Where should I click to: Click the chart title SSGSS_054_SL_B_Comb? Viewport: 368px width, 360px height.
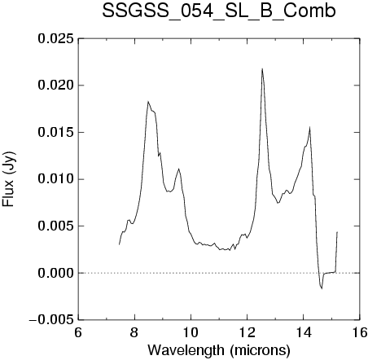click(219, 11)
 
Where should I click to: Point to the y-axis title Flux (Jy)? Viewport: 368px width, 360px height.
click(9, 179)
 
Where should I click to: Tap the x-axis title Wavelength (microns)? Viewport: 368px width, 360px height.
click(219, 349)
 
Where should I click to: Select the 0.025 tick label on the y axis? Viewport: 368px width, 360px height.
click(56, 39)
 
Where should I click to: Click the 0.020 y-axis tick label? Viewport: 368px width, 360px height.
click(56, 86)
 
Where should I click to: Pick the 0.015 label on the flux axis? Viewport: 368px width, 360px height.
click(56, 133)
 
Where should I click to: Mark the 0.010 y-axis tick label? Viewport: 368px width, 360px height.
click(56, 179)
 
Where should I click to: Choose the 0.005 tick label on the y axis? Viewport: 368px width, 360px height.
click(56, 226)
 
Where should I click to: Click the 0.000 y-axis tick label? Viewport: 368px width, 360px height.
click(56, 273)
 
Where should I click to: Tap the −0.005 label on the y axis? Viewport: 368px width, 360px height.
click(51, 320)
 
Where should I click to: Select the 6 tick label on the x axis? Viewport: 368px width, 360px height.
click(78, 332)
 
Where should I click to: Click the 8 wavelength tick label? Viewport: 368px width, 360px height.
click(134, 332)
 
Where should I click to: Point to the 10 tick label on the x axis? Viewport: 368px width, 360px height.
click(191, 332)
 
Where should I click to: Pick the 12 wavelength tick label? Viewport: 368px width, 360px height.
click(247, 332)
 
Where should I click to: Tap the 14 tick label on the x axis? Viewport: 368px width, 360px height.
click(304, 332)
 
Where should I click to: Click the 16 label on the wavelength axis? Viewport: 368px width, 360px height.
click(360, 332)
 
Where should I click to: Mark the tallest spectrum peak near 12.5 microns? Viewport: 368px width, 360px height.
click(262, 68)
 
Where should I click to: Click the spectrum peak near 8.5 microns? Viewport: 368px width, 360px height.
click(148, 101)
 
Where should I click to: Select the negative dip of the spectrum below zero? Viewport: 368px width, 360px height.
click(322, 288)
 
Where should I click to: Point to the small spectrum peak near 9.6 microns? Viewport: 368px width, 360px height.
click(178, 169)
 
